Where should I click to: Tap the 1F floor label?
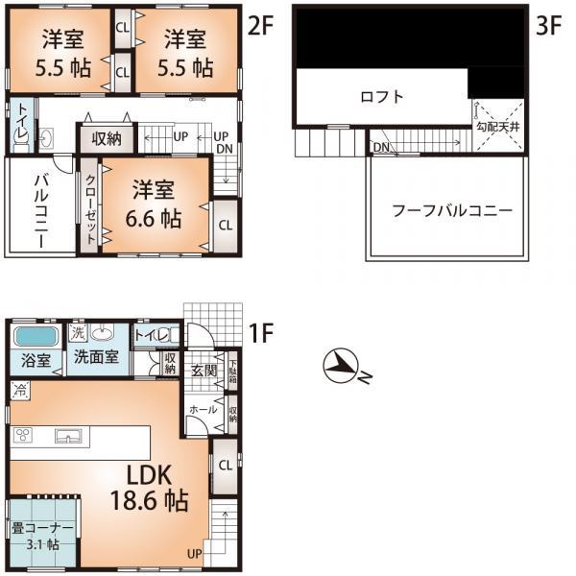(260, 334)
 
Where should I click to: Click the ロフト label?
(381, 97)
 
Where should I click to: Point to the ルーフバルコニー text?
(451, 210)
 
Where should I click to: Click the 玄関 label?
(204, 372)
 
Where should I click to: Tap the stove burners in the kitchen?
(24, 436)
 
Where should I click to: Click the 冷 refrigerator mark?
(19, 391)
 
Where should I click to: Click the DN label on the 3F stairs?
(380, 148)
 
